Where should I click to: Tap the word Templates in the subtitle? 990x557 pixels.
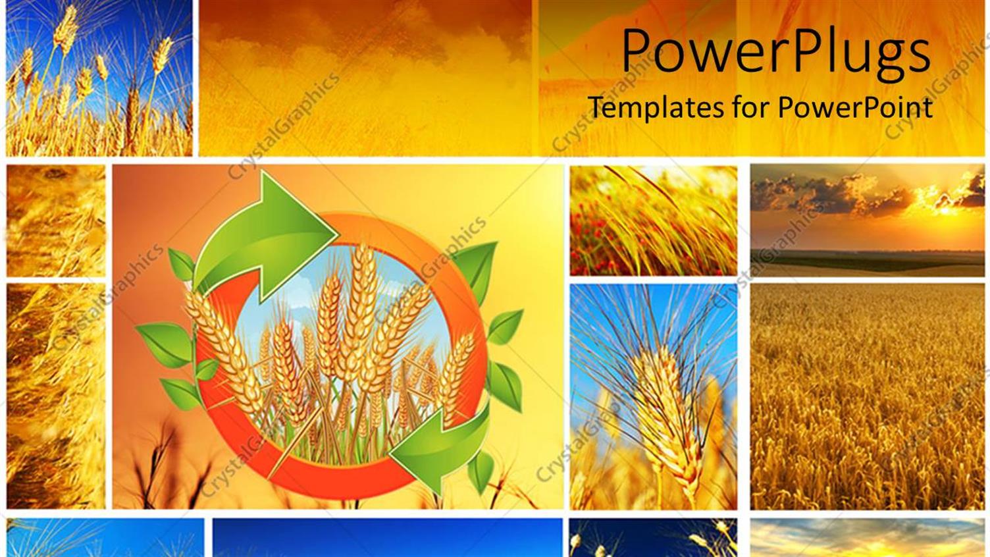pos(655,107)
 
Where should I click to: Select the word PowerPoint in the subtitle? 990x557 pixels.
pos(855,107)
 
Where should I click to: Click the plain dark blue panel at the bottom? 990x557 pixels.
pos(387,537)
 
